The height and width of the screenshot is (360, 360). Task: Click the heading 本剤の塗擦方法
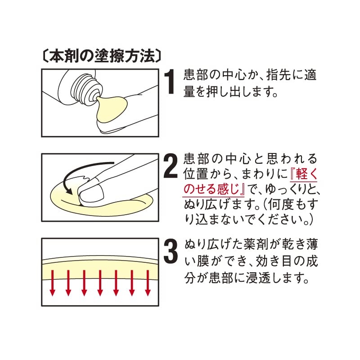point(99,56)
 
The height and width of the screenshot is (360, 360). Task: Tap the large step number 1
point(170,82)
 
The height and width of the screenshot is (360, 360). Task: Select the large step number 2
point(171,166)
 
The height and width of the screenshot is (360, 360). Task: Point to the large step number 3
point(171,252)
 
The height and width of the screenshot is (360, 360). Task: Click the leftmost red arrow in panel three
point(52,283)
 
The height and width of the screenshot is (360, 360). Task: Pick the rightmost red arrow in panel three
point(148,283)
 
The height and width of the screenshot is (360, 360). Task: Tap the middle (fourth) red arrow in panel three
point(100,283)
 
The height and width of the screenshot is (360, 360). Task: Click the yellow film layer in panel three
point(100,268)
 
